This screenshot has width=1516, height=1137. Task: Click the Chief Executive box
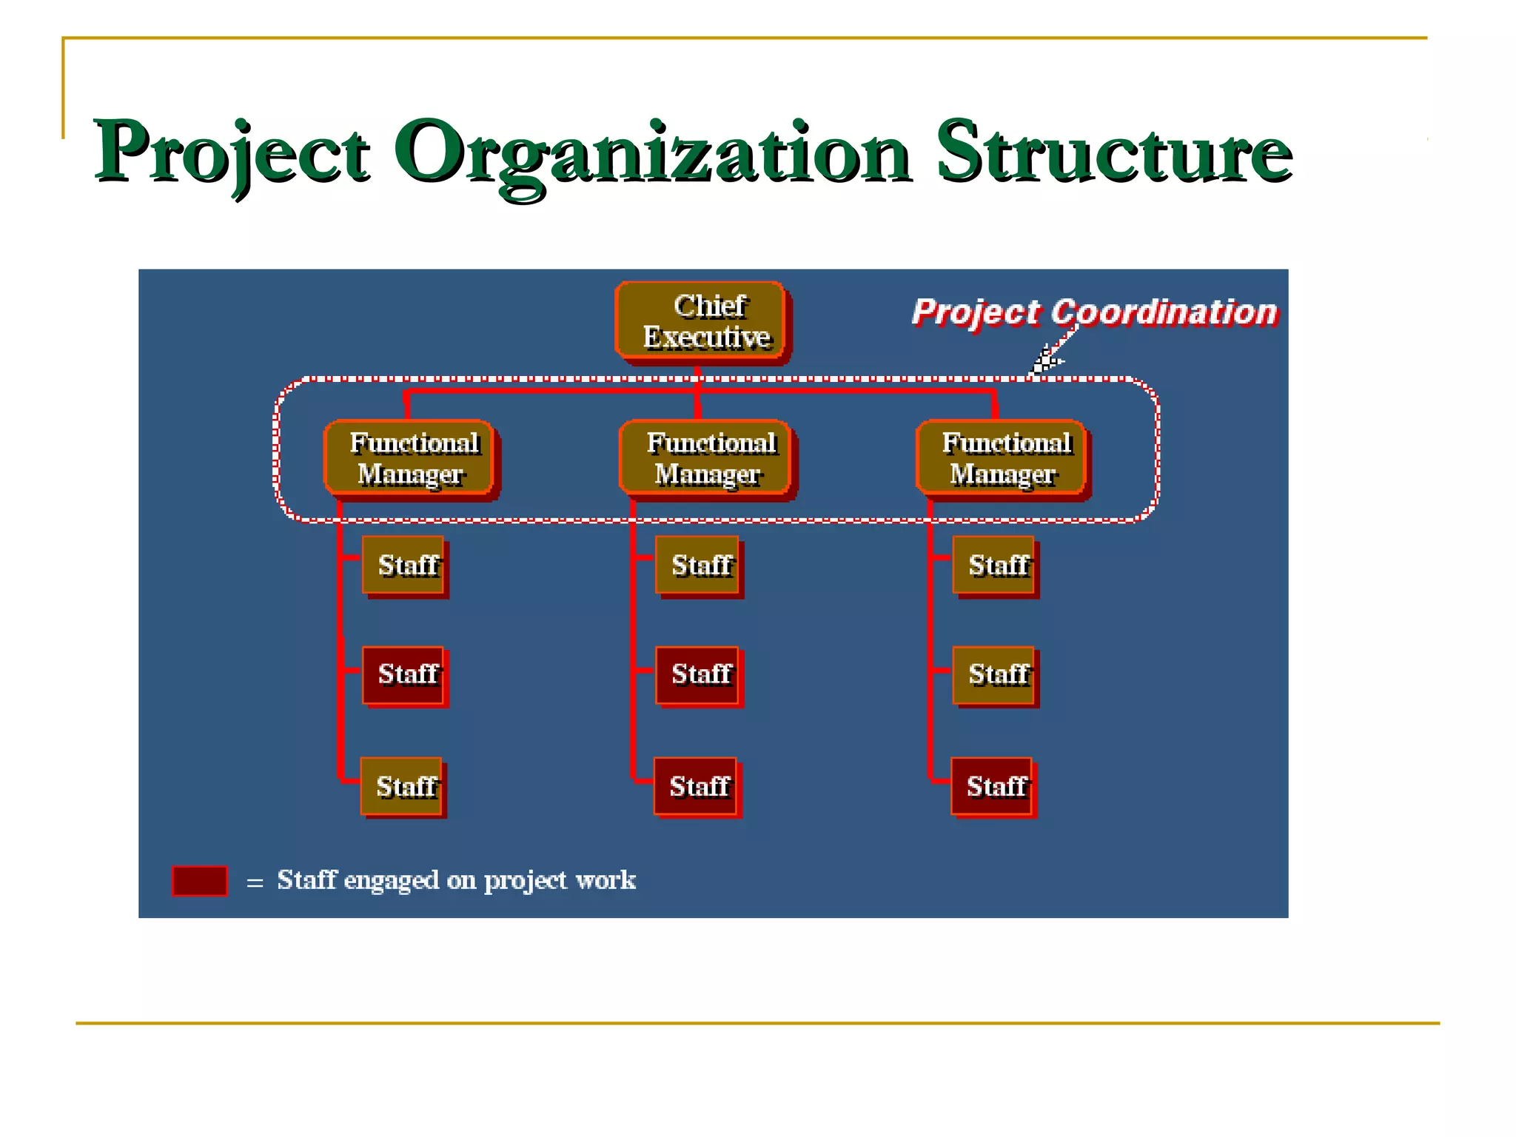pos(701,322)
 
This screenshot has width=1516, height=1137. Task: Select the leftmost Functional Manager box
pos(409,458)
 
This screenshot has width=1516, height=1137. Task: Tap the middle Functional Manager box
pos(705,458)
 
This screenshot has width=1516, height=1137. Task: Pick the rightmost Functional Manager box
pos(1002,458)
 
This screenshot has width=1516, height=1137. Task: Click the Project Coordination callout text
pos(1094,312)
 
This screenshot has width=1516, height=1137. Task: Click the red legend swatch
pos(200,881)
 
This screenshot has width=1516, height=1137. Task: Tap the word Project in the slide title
pos(231,153)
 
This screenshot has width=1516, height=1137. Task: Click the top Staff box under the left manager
pos(404,566)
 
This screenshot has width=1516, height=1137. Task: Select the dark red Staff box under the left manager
pos(404,675)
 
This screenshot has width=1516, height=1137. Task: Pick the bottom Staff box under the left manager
pos(402,786)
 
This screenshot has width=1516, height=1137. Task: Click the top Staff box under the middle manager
pos(698,566)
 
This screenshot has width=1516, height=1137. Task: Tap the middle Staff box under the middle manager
pos(698,675)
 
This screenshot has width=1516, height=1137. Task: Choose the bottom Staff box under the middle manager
pos(697,786)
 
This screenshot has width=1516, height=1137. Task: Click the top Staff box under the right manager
pos(994,566)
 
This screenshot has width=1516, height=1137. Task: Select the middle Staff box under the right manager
pos(994,675)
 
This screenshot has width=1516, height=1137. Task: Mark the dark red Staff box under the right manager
pos(993,786)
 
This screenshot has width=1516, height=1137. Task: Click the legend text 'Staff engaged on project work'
pos(456,880)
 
